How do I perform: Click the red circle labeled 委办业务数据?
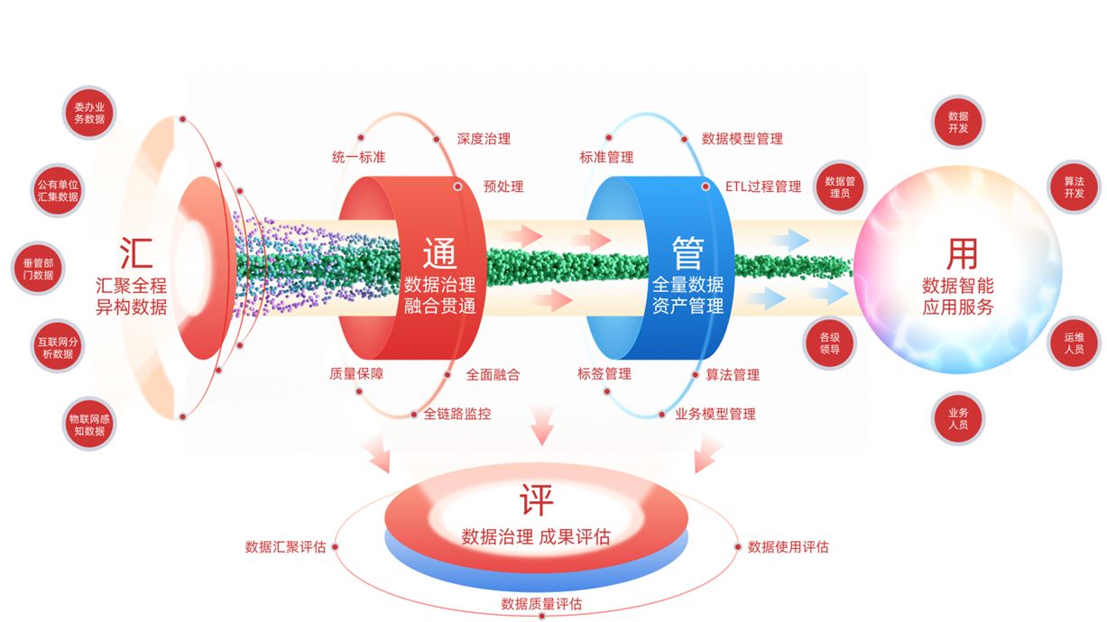point(89,114)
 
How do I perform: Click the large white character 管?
point(687,252)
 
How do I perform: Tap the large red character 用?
point(962,254)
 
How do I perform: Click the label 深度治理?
point(484,140)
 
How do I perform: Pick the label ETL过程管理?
point(763,187)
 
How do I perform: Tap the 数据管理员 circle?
point(839,188)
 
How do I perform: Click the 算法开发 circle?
point(1074,188)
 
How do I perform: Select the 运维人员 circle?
point(1074,343)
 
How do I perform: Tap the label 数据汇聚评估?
point(285,547)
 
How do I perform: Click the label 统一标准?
point(358,157)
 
